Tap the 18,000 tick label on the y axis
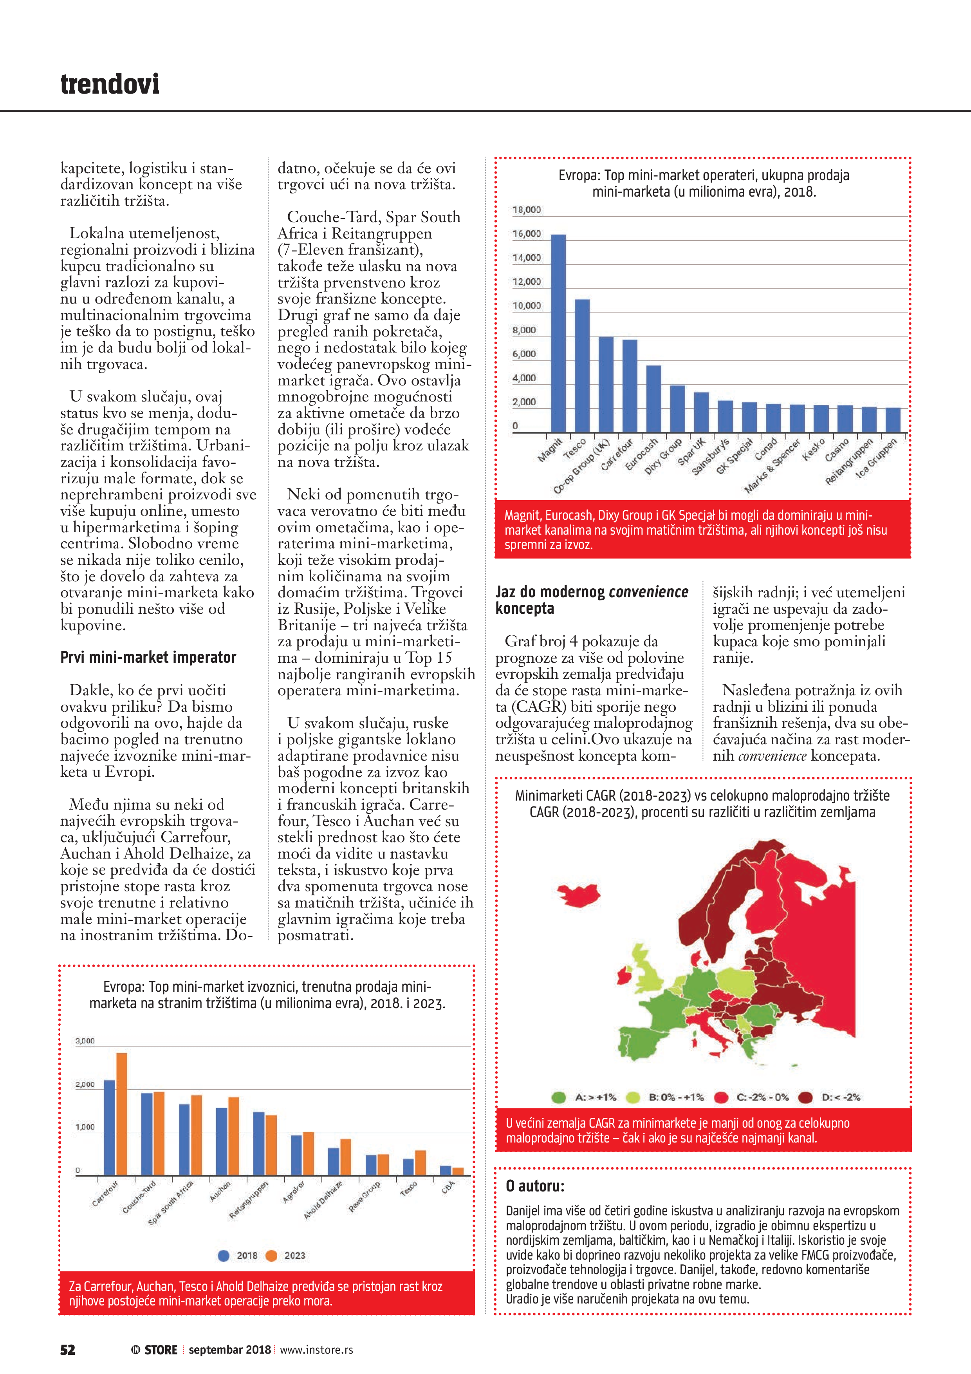(527, 210)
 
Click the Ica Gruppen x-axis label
(877, 458)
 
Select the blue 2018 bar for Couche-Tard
(146, 1134)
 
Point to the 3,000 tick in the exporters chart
(85, 1041)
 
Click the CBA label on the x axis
(448, 1187)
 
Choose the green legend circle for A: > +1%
(559, 1097)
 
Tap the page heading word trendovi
(110, 84)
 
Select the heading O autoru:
(535, 1186)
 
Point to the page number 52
(68, 1349)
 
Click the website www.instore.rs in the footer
(316, 1349)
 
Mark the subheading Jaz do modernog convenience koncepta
(592, 600)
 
